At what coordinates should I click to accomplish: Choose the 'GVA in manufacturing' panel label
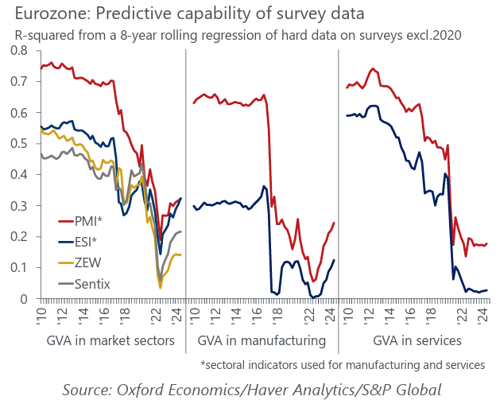coord(262,341)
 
